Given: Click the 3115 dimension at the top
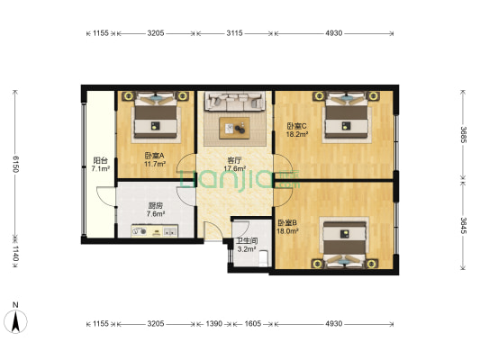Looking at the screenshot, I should [234, 33].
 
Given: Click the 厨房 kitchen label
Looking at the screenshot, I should [155, 204].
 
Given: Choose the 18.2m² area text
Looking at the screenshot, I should [298, 135].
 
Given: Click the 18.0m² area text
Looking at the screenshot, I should [288, 231].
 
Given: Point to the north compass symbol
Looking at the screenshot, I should [15, 319].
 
